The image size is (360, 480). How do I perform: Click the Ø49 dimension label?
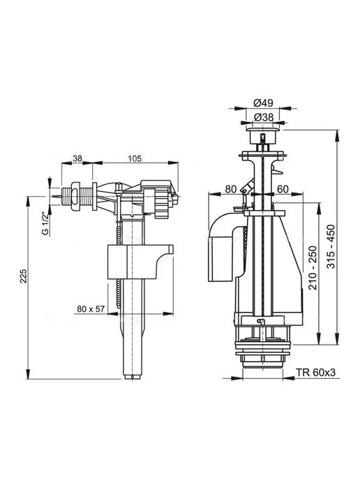[263, 103]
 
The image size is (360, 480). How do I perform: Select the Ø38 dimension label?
[263, 117]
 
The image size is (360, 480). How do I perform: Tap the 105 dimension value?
[135, 158]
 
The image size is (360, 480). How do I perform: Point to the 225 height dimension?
[24, 276]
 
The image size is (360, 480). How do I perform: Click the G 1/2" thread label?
[45, 223]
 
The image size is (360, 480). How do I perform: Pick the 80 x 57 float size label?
[91, 309]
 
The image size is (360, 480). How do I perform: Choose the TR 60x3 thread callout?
[315, 373]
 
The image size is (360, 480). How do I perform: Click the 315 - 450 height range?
[331, 247]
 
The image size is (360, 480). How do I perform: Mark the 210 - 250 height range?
[313, 267]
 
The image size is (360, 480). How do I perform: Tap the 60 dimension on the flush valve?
[283, 189]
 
